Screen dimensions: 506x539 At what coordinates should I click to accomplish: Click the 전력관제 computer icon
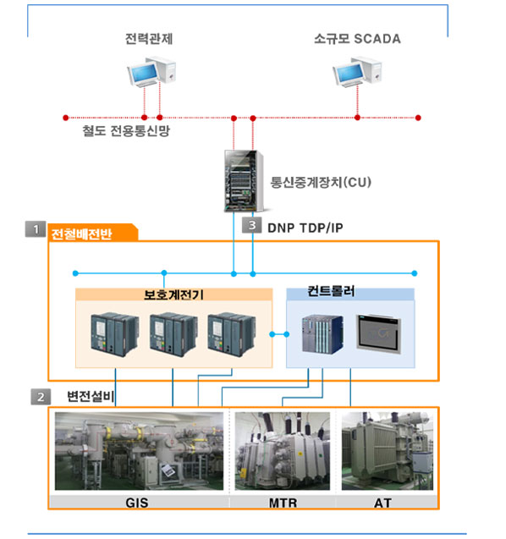(x=151, y=72)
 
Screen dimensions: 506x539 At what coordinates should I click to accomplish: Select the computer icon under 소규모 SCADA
(x=357, y=71)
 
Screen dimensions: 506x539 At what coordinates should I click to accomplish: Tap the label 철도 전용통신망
(x=126, y=130)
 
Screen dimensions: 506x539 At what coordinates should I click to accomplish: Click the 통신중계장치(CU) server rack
(x=244, y=181)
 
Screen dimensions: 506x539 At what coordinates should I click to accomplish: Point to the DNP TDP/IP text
(x=305, y=228)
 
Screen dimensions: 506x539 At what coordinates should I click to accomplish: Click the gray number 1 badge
(x=36, y=229)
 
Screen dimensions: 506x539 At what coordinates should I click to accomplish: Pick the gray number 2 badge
(x=41, y=397)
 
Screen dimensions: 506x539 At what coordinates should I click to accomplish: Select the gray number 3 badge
(x=252, y=225)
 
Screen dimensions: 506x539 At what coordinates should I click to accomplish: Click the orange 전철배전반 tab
(x=92, y=233)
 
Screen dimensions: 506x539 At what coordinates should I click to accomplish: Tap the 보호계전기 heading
(x=173, y=294)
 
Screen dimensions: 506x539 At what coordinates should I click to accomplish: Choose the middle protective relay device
(x=173, y=334)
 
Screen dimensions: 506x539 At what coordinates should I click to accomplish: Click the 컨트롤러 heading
(x=331, y=291)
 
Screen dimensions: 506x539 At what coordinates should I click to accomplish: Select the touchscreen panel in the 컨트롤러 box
(x=379, y=334)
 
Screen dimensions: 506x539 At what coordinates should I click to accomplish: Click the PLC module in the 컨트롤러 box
(x=322, y=334)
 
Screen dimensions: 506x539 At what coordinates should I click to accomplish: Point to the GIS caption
(x=137, y=503)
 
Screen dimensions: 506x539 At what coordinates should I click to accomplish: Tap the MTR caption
(x=283, y=503)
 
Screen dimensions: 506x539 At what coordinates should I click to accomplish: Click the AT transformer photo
(x=388, y=451)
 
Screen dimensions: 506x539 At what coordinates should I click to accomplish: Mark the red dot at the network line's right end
(x=418, y=118)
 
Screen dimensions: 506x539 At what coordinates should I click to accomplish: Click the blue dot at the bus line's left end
(x=75, y=273)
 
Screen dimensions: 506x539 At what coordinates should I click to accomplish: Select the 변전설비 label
(x=90, y=396)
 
